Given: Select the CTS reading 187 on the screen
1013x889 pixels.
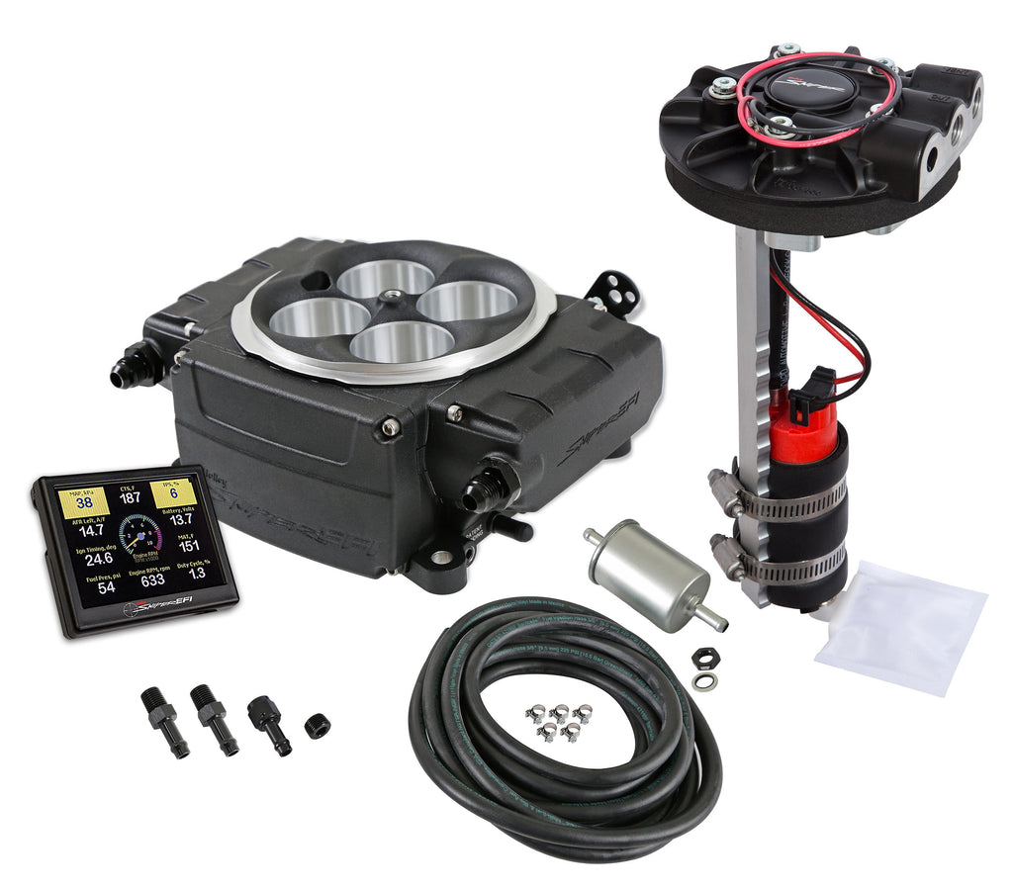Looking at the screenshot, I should click(x=130, y=497).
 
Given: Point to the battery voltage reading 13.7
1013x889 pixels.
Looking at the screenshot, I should click(x=180, y=519).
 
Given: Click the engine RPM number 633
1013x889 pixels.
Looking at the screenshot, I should click(x=152, y=579).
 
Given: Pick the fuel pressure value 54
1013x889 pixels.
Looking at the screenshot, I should click(x=105, y=587).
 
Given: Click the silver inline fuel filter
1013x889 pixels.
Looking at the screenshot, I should click(x=647, y=576).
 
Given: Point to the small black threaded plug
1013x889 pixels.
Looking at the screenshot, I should click(x=317, y=726).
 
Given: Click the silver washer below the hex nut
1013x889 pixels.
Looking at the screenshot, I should click(x=705, y=680).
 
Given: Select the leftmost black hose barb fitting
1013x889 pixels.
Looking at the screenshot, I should click(x=163, y=720).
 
